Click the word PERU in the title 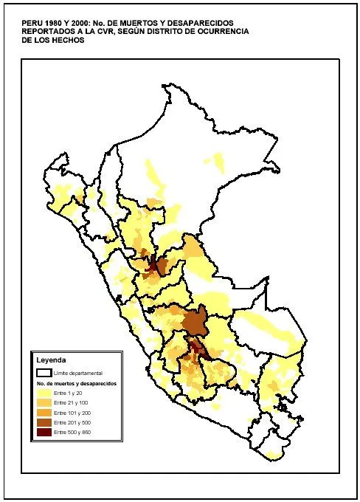pyautogui.click(x=32, y=23)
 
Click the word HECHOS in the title pyautogui.click(x=67, y=41)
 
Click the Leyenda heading pyautogui.click(x=52, y=360)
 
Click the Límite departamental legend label pyautogui.click(x=78, y=374)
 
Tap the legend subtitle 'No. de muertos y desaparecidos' pyautogui.click(x=77, y=384)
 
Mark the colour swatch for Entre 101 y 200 pyautogui.click(x=44, y=413)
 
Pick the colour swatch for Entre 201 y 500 pyautogui.click(x=44, y=422)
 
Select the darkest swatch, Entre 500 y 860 pyautogui.click(x=44, y=430)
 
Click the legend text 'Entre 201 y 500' pyautogui.click(x=71, y=422)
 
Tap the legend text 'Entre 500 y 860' pyautogui.click(x=71, y=430)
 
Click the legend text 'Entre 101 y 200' pyautogui.click(x=71, y=413)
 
